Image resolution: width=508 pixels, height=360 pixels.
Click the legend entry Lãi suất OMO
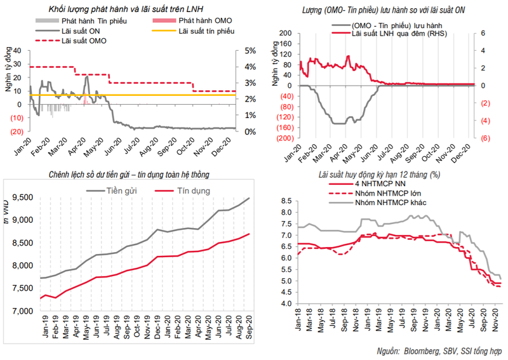[x=85, y=41]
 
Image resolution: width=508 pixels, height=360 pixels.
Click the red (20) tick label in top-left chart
[x=17, y=131]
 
